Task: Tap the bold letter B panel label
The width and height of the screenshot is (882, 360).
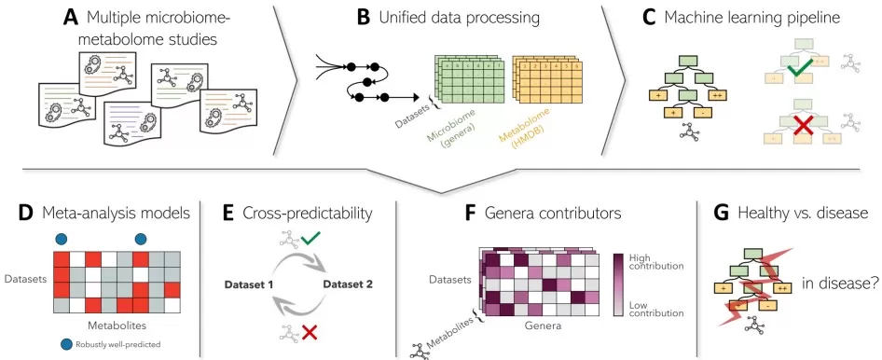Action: pos(365,18)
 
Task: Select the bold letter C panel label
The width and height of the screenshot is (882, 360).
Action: pos(649,18)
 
